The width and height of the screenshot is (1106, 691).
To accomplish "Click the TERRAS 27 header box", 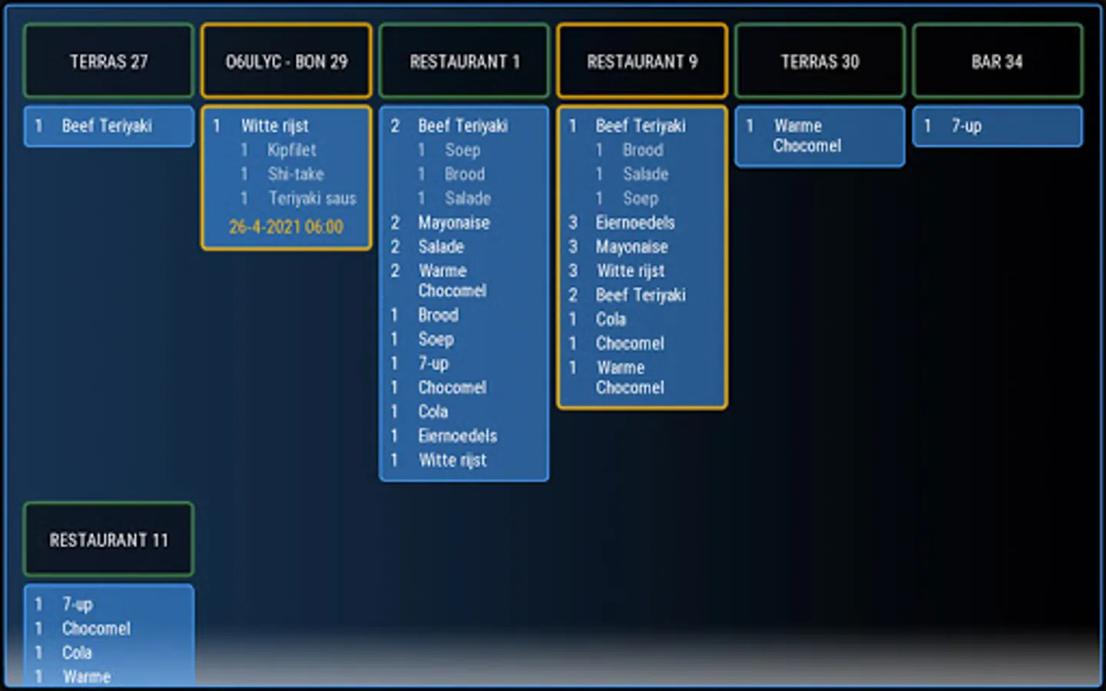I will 108,61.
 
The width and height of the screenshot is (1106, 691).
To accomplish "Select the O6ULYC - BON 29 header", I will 286,61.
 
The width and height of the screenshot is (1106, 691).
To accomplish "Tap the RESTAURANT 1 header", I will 464,61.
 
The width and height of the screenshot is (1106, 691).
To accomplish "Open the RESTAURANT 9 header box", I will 642,61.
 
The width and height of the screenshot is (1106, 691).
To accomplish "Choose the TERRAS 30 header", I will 820,61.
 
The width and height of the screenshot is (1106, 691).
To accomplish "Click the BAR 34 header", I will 997,61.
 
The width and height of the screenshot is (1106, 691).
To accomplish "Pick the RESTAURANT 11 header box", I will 108,540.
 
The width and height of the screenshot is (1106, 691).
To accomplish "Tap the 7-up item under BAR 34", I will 966,126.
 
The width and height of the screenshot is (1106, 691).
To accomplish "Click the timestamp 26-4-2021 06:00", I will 286,227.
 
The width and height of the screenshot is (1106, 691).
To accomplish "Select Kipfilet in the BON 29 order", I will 292,150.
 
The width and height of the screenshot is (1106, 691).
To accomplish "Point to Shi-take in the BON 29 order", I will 296,174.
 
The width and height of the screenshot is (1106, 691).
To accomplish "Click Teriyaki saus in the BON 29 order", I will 312,199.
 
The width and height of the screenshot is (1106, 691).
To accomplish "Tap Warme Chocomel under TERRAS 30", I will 806,136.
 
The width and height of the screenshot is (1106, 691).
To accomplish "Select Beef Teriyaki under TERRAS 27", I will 107,126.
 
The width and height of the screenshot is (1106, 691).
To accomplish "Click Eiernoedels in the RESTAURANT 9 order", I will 635,223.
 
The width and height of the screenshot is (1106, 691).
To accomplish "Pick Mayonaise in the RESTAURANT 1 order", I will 453,223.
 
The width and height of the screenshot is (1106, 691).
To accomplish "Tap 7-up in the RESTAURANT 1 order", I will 433,363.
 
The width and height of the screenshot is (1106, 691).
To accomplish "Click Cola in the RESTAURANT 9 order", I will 611,319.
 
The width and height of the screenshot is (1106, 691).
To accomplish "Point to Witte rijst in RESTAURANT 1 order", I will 452,460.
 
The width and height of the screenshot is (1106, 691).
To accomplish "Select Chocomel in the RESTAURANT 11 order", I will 96,629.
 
